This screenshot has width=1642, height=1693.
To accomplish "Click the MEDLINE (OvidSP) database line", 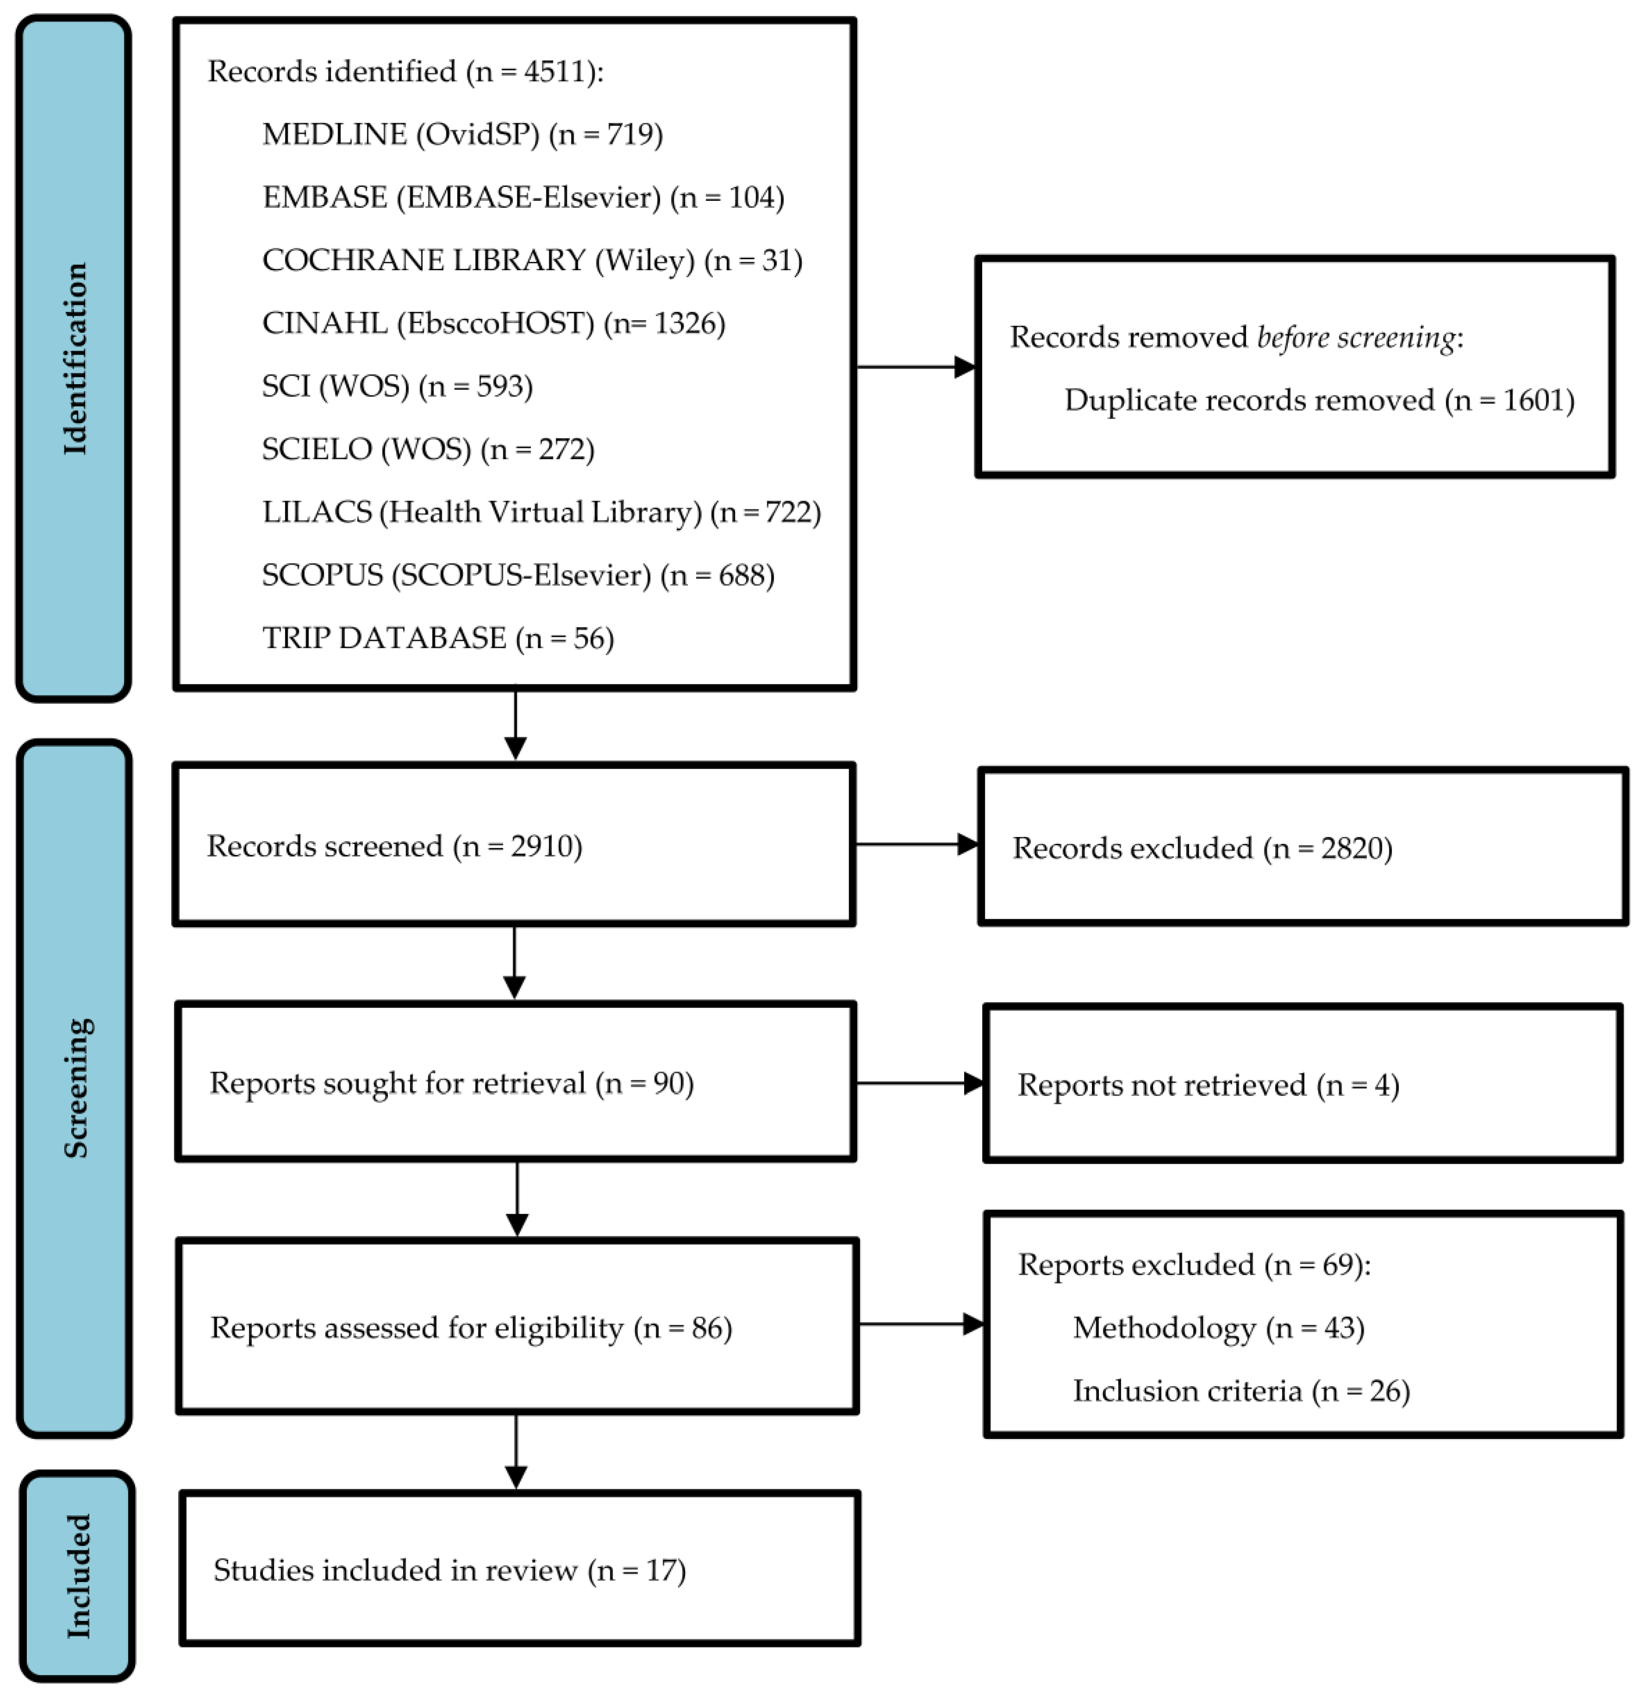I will pyautogui.click(x=462, y=135).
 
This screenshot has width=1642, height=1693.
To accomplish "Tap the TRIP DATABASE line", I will pyautogui.click(x=438, y=639).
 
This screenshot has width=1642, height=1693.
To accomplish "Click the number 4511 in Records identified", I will pyautogui.click(x=553, y=72).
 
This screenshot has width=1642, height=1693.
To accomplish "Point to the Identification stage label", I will pyautogui.click(x=76, y=359).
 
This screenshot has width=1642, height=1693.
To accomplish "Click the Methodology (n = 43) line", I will pyautogui.click(x=1218, y=1327).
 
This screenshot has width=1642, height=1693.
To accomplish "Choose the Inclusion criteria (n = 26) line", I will pyautogui.click(x=1240, y=1391).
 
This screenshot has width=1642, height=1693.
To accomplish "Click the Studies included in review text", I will pyautogui.click(x=449, y=1569).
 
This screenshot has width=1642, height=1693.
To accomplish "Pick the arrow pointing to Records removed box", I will pyautogui.click(x=916, y=367).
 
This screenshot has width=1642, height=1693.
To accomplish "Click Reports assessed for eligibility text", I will pyautogui.click(x=471, y=1327).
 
